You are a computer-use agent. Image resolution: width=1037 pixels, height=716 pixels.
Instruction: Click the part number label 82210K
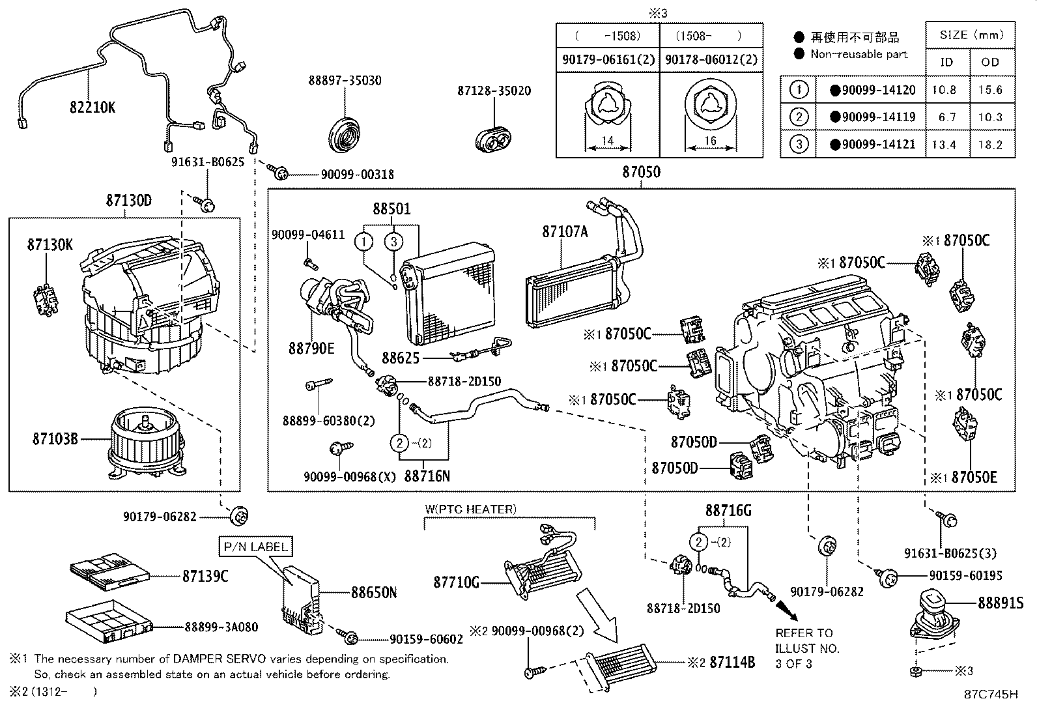(x=92, y=107)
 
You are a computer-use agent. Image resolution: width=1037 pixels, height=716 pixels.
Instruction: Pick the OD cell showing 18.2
(x=989, y=144)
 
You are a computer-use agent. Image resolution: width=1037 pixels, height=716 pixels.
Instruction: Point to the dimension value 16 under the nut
(x=710, y=140)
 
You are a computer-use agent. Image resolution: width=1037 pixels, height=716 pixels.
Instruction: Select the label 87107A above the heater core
(x=564, y=231)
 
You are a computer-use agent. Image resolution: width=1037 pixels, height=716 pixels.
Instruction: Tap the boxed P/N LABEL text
(x=255, y=547)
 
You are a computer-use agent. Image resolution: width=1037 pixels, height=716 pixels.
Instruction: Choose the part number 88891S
(x=1000, y=603)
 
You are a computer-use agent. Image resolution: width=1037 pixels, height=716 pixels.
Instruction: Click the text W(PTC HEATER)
(x=470, y=509)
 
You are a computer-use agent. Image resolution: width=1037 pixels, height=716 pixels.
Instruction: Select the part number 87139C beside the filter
(x=205, y=576)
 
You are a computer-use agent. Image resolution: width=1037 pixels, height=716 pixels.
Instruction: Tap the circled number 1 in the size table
(x=798, y=90)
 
